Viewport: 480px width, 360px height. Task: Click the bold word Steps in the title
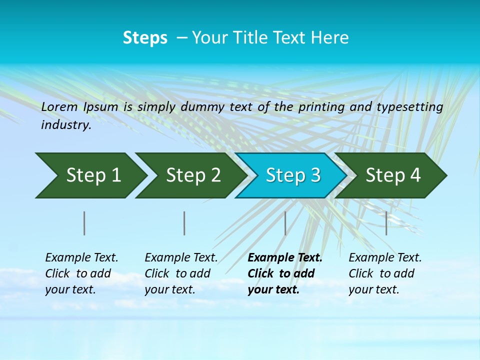[x=145, y=38]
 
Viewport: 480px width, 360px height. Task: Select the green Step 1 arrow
[x=90, y=175]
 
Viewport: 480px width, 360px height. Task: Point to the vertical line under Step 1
[x=84, y=223]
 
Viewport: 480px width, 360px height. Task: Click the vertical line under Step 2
[x=184, y=223]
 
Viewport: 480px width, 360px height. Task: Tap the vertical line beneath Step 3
[x=285, y=223]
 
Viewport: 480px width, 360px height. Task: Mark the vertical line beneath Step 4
[x=386, y=223]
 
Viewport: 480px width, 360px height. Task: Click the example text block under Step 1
[x=81, y=273]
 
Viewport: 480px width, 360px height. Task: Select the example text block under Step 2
[x=181, y=273]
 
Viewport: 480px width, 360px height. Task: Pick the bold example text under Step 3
[x=285, y=273]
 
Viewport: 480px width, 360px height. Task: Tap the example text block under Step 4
[x=385, y=273]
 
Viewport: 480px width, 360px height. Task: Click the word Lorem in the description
[x=59, y=107]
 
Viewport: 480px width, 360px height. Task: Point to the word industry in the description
[x=66, y=125]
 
